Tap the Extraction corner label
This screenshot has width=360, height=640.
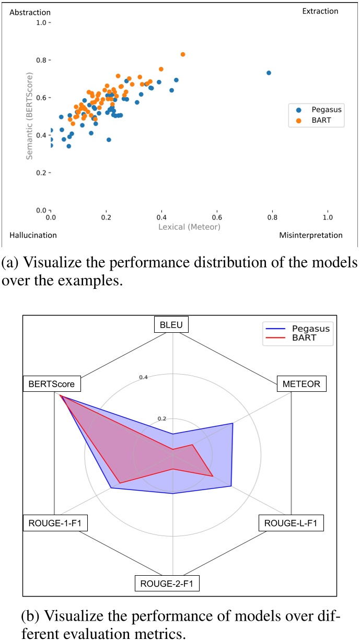(320, 11)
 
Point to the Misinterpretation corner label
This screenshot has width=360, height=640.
(311, 235)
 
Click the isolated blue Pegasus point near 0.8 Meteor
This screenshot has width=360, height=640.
(269, 73)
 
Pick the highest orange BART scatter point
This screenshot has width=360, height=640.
(183, 54)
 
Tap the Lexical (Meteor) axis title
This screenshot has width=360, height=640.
(190, 227)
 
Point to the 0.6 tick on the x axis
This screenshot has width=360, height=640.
(217, 216)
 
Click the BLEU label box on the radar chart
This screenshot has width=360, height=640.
(171, 324)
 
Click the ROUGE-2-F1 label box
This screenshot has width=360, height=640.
(167, 583)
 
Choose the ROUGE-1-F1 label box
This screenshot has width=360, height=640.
(55, 523)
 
